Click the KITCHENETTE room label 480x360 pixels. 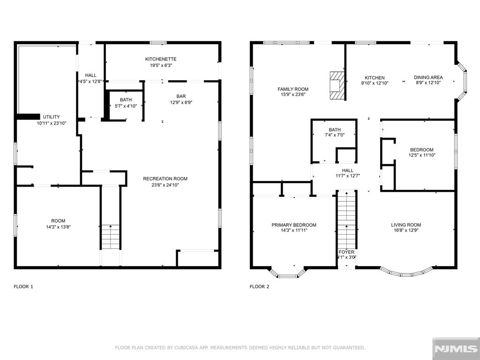pyautogui.click(x=161, y=59)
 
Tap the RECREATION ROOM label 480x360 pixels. pyautogui.click(x=165, y=179)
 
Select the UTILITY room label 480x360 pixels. pyautogui.click(x=52, y=117)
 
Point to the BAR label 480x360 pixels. pyautogui.click(x=181, y=97)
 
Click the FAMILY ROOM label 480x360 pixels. pyautogui.click(x=293, y=90)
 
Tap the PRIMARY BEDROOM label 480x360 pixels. pyautogui.click(x=294, y=225)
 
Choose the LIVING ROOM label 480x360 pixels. pyautogui.click(x=406, y=225)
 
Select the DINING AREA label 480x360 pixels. pyautogui.click(x=428, y=77)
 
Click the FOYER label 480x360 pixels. pyautogui.click(x=346, y=252)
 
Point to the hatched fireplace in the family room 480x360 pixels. pyautogui.click(x=337, y=85)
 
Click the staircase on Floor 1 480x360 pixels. pyautogui.click(x=111, y=237)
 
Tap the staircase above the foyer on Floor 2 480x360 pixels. pyautogui.click(x=346, y=220)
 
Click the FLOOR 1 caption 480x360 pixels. pyautogui.click(x=23, y=287)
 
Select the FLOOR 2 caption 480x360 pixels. pyautogui.click(x=260, y=287)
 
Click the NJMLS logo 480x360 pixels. pyautogui.click(x=456, y=349)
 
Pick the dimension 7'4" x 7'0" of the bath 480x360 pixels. pyautogui.click(x=335, y=135)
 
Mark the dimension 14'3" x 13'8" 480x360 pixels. pyautogui.click(x=58, y=227)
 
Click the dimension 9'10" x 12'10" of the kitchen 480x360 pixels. pyautogui.click(x=375, y=83)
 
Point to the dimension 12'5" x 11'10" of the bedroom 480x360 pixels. pyautogui.click(x=422, y=155)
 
